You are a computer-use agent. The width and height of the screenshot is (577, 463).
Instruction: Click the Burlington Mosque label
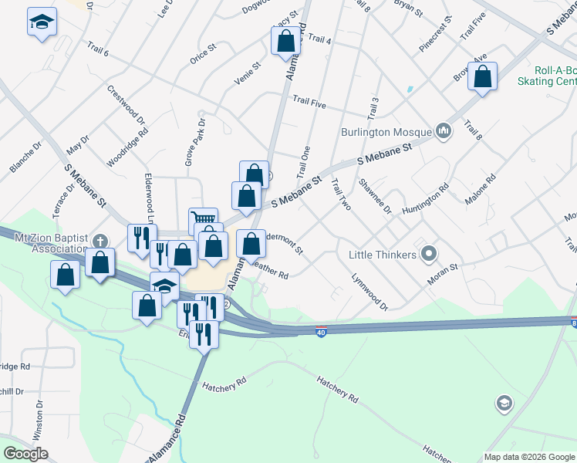pos(386,131)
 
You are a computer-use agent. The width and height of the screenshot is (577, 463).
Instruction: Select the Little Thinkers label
pos(383,254)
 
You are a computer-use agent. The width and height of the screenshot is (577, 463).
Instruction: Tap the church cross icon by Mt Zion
pos(100,241)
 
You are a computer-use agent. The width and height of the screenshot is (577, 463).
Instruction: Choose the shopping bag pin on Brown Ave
pos(482,76)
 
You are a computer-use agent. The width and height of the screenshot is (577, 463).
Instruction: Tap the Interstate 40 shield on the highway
pos(321,331)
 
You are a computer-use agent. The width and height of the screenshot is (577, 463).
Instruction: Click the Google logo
pos(25,454)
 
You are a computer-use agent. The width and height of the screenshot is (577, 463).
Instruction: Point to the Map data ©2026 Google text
pos(529,457)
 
